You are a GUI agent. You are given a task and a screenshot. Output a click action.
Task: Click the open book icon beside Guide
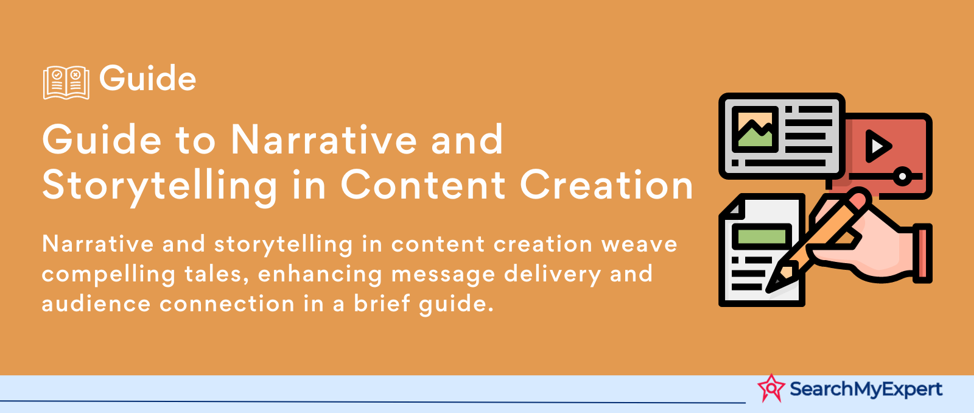[66, 83]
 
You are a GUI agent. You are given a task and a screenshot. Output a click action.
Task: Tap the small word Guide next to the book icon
[147, 79]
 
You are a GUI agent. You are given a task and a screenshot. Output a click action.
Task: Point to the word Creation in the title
[606, 185]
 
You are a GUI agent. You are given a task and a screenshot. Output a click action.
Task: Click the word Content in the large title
[423, 185]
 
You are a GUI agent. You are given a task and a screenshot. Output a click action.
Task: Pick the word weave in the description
[639, 245]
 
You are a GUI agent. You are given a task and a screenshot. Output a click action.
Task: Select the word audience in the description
[96, 303]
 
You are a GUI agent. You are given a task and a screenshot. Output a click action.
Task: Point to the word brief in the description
[382, 303]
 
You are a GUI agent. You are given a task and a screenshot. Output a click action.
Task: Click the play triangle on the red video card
[878, 146]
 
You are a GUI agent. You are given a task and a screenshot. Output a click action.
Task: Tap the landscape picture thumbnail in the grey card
[755, 129]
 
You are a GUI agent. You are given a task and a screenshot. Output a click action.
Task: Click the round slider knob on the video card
[902, 176]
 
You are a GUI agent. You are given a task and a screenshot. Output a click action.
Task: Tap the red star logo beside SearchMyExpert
[771, 388]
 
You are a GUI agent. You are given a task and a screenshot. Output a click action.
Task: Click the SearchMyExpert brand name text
[866, 389]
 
